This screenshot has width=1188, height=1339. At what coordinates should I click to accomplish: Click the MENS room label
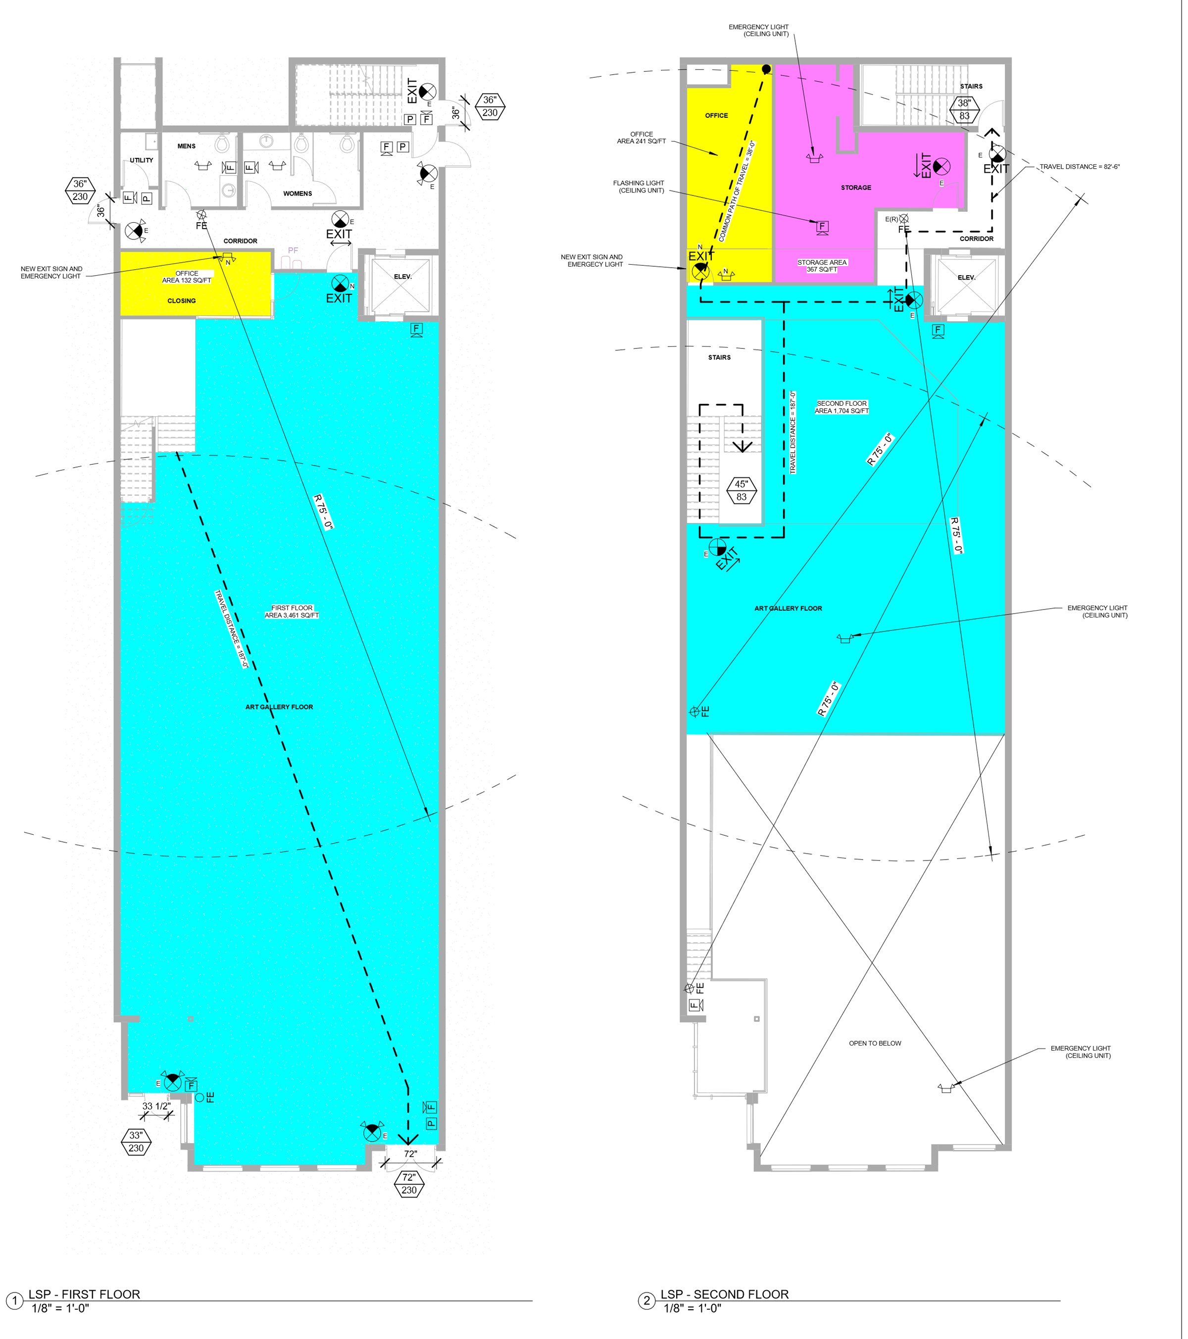click(187, 146)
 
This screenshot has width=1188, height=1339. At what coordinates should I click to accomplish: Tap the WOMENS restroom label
click(297, 194)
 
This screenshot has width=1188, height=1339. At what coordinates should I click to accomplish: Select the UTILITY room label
click(142, 160)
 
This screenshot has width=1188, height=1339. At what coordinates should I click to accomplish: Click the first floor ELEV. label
click(403, 277)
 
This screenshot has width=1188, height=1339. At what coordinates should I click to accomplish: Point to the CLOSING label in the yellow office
click(182, 301)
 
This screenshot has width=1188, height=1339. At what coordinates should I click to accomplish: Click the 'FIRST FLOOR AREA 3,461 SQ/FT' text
click(292, 612)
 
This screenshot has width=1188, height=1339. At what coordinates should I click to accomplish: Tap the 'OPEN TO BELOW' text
click(876, 1044)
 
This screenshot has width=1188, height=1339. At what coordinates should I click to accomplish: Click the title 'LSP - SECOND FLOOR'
click(725, 1294)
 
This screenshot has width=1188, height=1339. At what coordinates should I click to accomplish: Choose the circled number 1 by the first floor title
click(14, 1301)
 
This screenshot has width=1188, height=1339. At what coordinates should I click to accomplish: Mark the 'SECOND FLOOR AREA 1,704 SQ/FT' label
click(842, 407)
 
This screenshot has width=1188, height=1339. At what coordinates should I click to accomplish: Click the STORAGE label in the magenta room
click(856, 188)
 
